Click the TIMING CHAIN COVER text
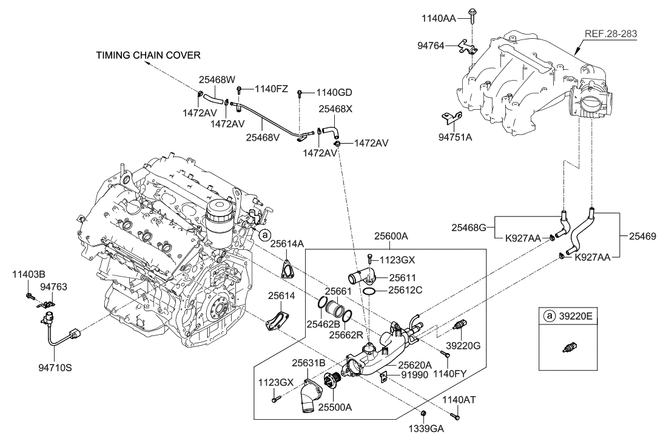pyautogui.click(x=148, y=56)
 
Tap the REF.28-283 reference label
pyautogui.click(x=611, y=35)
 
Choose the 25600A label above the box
pyautogui.click(x=391, y=236)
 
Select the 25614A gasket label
pyautogui.click(x=287, y=243)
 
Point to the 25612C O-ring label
pyautogui.click(x=405, y=291)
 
